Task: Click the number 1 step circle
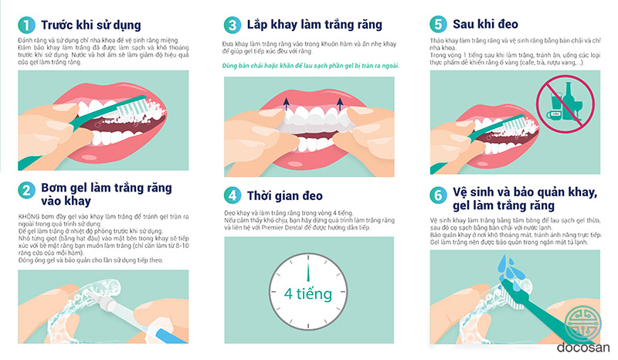pyautogui.click(x=26, y=25)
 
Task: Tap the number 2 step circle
pyautogui.click(x=26, y=191)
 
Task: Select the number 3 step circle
pyautogui.click(x=233, y=25)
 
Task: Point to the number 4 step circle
pyautogui.click(x=233, y=195)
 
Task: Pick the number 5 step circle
pyautogui.click(x=438, y=24)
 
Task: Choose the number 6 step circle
pyautogui.click(x=438, y=195)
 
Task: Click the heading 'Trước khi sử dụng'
pyautogui.click(x=91, y=25)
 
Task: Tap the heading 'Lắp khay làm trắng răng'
pyautogui.click(x=314, y=25)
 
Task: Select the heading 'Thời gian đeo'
pyautogui.click(x=284, y=196)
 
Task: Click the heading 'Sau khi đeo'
pyautogui.click(x=485, y=24)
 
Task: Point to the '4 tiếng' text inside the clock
pyautogui.click(x=308, y=294)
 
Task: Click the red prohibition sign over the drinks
pyautogui.click(x=565, y=104)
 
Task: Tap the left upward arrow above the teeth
pyautogui.click(x=287, y=104)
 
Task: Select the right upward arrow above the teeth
pyautogui.click(x=339, y=104)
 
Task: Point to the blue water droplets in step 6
pyautogui.click(x=508, y=267)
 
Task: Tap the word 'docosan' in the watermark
pyautogui.click(x=583, y=348)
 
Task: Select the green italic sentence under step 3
pyautogui.click(x=311, y=66)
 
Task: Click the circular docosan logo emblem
pyautogui.click(x=583, y=323)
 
